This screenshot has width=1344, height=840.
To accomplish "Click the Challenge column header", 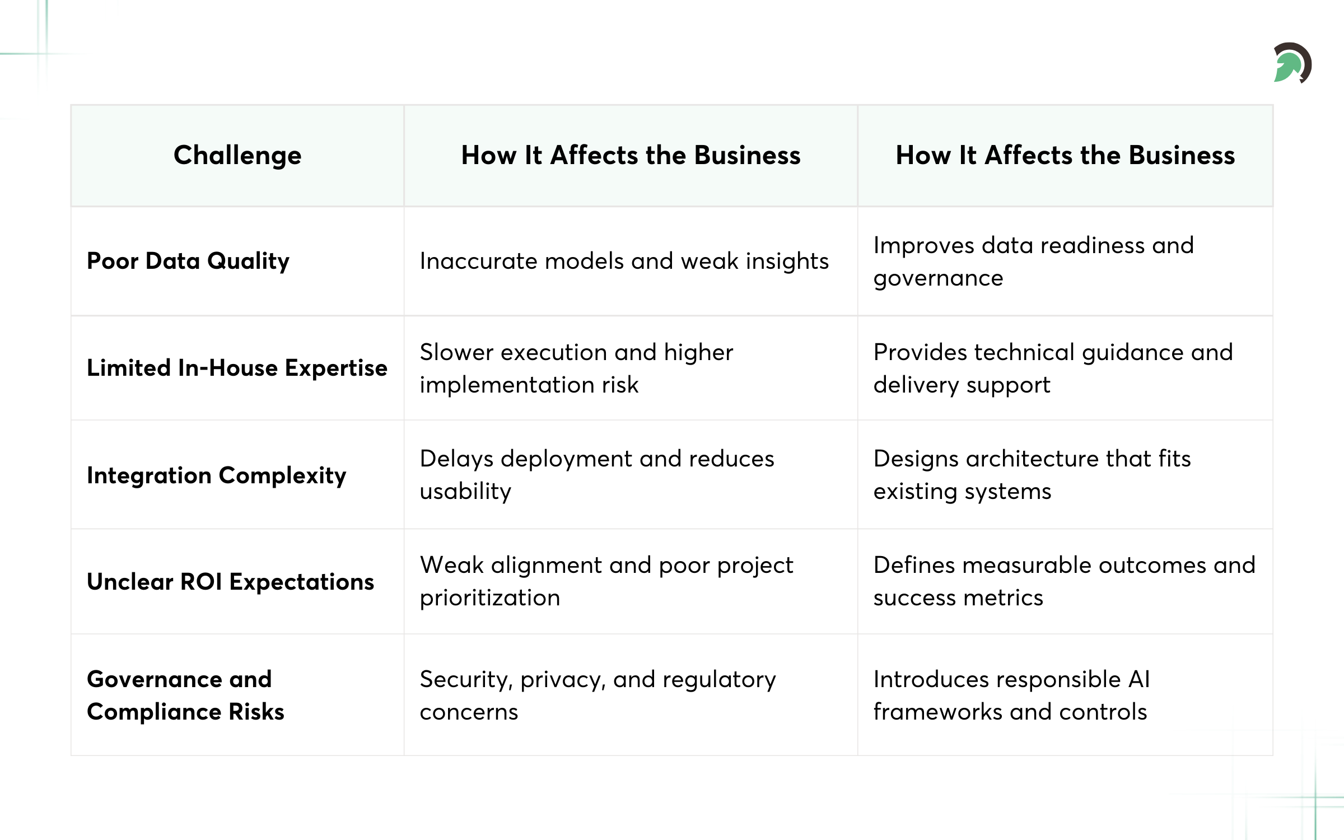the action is [237, 155].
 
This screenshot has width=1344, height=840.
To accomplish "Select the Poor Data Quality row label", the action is [188, 261].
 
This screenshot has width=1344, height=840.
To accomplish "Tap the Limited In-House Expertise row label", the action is [237, 368].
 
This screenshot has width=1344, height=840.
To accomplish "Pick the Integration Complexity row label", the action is [217, 475].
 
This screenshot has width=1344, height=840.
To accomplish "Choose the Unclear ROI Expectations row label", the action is [230, 582].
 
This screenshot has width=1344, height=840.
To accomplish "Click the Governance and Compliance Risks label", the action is [185, 695].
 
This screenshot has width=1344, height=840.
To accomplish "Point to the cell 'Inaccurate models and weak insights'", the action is [624, 261].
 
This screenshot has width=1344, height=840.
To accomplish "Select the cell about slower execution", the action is [576, 368].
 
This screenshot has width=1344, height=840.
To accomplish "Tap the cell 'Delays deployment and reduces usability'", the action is [597, 474].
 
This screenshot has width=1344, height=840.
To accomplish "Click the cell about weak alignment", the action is [606, 581].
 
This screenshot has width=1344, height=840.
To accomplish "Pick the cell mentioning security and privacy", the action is [598, 695].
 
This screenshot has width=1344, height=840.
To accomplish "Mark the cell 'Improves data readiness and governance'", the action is [1033, 262].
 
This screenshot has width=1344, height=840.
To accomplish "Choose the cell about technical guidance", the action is [1053, 368].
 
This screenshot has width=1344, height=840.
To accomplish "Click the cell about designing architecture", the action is [1032, 474].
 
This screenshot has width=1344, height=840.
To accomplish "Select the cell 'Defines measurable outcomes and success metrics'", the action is [1064, 581].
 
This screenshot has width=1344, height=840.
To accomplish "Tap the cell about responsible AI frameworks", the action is [1011, 695].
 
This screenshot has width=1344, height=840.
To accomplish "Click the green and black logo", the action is [1292, 63].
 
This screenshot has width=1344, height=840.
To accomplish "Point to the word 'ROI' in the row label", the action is [201, 582].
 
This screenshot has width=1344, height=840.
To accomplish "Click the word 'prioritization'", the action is [490, 598].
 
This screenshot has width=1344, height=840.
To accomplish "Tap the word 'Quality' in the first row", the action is [248, 262].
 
